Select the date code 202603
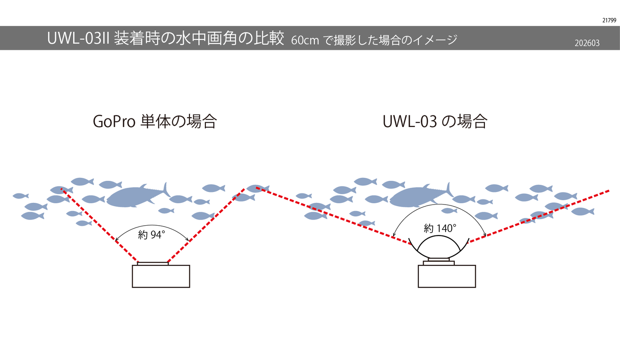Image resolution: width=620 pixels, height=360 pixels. click(587, 43)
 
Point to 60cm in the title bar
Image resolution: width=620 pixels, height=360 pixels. click(305, 40)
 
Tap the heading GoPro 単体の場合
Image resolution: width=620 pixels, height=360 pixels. click(155, 121)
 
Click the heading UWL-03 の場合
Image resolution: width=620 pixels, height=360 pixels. click(434, 121)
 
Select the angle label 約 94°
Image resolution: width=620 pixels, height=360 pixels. click(152, 235)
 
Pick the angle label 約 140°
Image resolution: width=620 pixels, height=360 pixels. click(440, 229)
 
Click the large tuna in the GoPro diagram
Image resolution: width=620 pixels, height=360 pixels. click(133, 196)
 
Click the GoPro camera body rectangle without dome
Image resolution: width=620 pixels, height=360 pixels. click(161, 276)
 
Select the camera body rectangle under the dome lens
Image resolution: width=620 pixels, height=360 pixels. click(446, 276)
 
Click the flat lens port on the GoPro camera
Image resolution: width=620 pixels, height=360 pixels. click(152, 263)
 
